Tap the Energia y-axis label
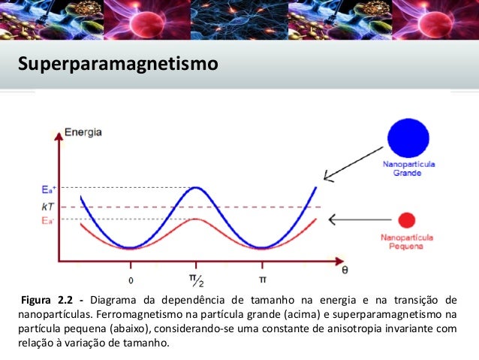84,132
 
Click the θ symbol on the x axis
344,269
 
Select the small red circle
406,220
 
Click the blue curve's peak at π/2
196,188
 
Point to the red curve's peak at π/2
196,219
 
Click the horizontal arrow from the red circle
354,220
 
